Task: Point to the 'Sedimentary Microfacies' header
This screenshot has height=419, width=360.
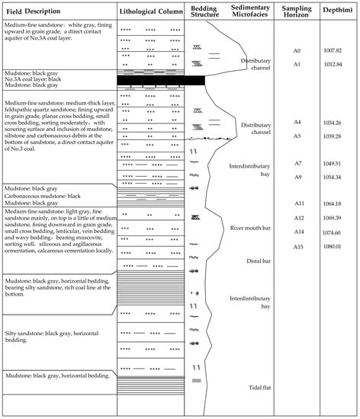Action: point(246,14)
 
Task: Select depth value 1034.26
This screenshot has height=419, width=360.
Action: point(335,122)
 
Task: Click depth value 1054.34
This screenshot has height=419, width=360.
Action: point(335,177)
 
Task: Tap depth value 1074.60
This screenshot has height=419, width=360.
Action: point(335,232)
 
